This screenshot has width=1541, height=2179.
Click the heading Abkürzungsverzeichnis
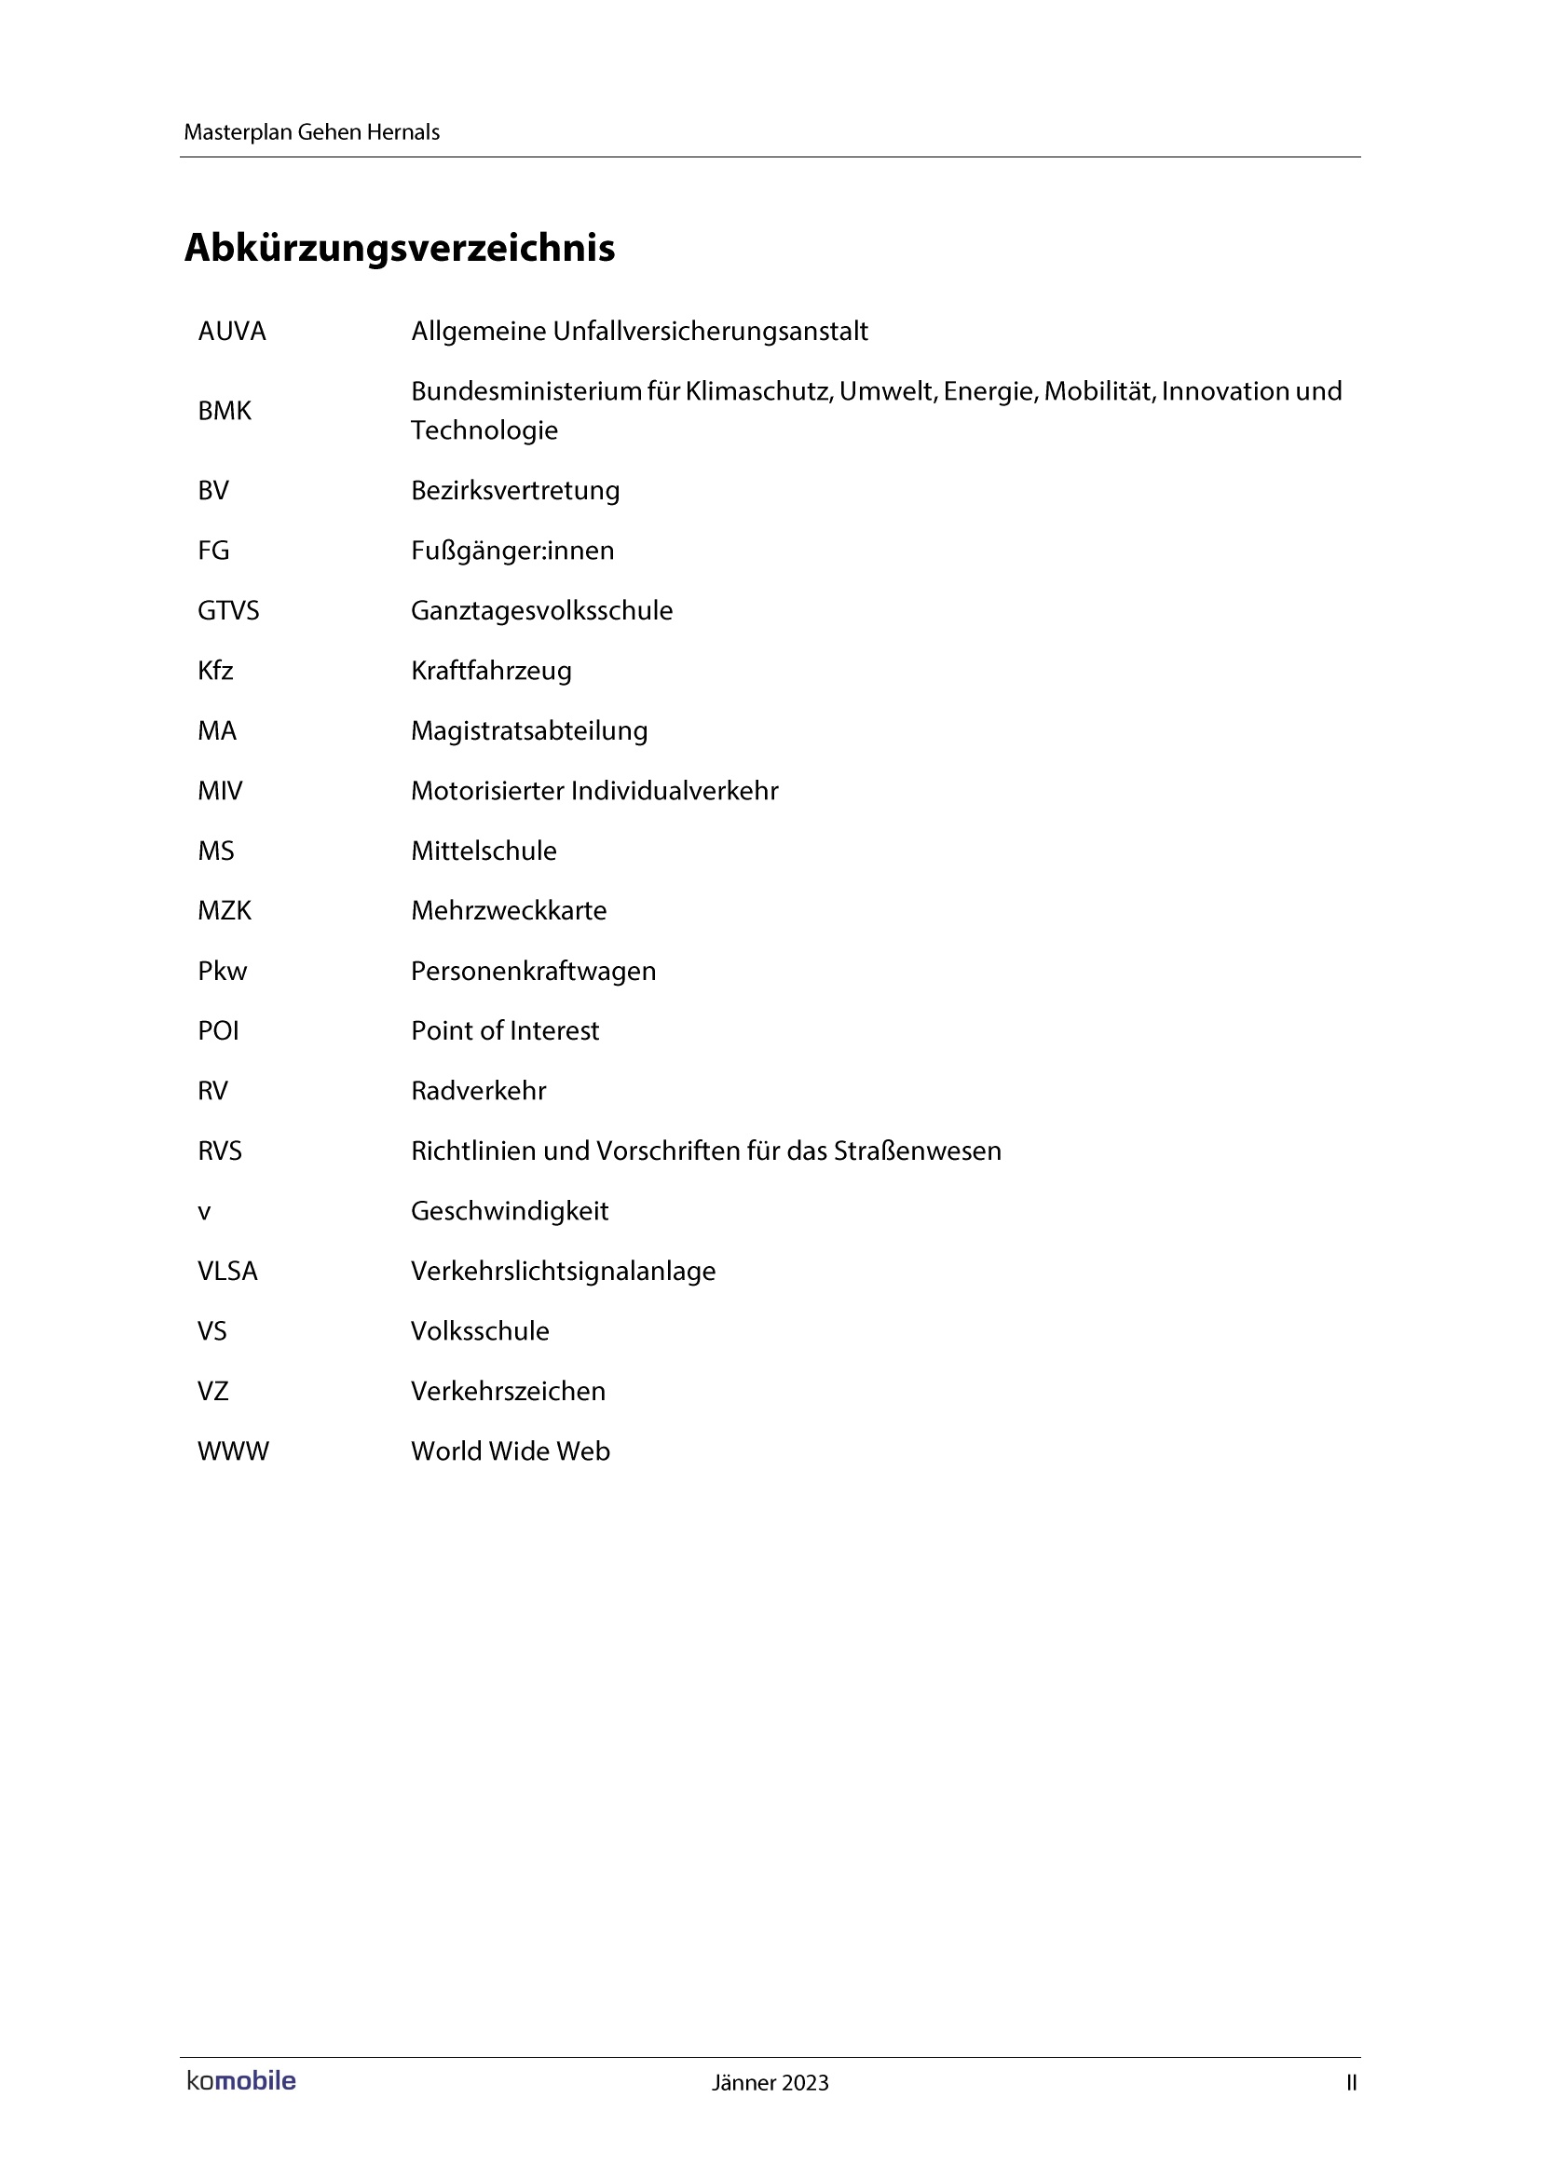[400, 249]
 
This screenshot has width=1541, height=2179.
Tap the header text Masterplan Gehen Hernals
[311, 132]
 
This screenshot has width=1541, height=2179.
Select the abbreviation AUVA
[232, 332]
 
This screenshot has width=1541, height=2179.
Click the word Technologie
[484, 431]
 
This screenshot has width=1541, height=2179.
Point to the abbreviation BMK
[224, 411]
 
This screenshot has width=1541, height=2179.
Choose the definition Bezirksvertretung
[515, 491]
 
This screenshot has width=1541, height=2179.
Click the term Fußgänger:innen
[512, 551]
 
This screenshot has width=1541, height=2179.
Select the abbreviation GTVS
[227, 610]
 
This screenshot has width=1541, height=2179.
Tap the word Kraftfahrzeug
[491, 671]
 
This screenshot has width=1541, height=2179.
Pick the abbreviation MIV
[219, 791]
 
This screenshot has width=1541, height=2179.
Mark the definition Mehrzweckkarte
[509, 911]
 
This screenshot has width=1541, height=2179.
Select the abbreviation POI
[218, 1030]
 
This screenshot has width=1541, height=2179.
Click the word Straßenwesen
[918, 1151]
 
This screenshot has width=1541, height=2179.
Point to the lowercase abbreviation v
[204, 1212]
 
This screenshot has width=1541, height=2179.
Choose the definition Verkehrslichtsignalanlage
[563, 1272]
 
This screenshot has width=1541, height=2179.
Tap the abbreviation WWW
[233, 1451]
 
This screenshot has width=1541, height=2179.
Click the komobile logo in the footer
[241, 2081]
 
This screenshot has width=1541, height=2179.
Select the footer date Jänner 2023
[770, 2083]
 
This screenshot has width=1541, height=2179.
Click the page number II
[1351, 2083]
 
